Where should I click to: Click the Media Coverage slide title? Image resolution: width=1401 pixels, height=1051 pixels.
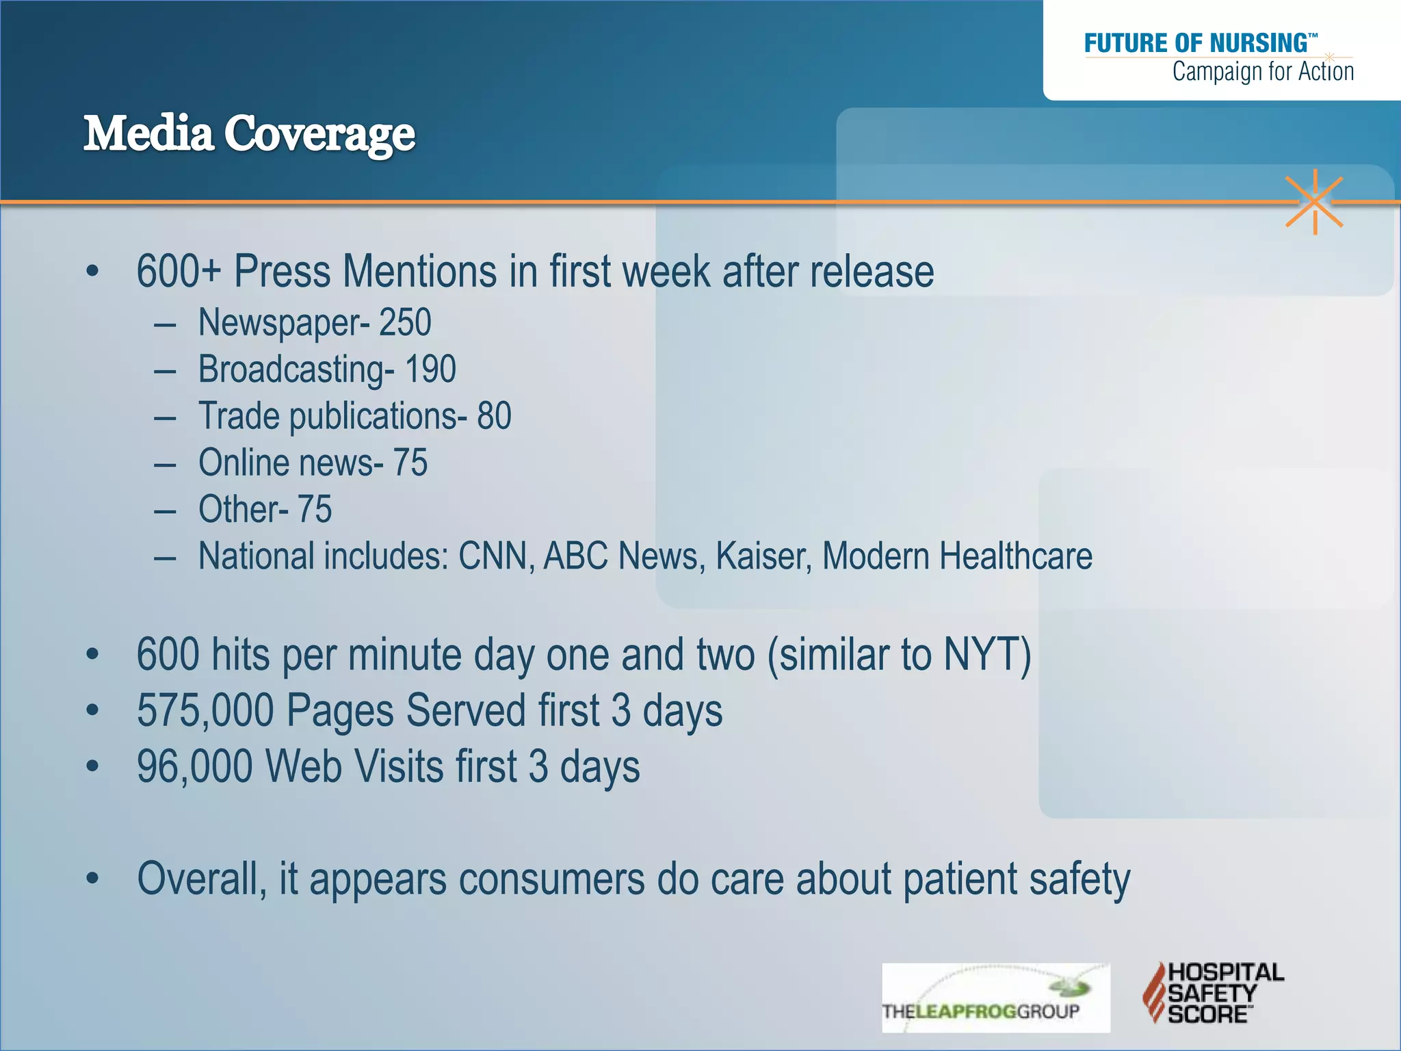[x=249, y=133]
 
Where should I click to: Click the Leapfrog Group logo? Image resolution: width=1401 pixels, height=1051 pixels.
[x=995, y=998]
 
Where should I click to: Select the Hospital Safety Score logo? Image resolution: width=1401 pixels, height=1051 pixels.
[x=1213, y=992]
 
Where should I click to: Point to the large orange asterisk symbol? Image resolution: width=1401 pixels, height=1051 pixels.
[x=1314, y=202]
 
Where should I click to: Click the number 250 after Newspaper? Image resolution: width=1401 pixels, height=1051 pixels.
[x=405, y=322]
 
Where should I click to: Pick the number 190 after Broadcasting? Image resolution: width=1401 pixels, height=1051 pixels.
[x=430, y=369]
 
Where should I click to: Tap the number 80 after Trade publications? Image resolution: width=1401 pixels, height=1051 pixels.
[x=494, y=416]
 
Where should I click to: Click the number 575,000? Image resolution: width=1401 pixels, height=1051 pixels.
[x=205, y=710]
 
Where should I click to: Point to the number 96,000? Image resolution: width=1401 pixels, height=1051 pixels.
[x=194, y=766]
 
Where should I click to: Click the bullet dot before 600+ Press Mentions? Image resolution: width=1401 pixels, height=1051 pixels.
[x=92, y=272]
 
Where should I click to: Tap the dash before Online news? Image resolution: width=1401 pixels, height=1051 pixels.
[x=165, y=465]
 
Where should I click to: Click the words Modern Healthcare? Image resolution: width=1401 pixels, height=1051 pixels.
[x=956, y=556]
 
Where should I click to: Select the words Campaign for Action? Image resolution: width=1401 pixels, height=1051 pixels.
[x=1263, y=71]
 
